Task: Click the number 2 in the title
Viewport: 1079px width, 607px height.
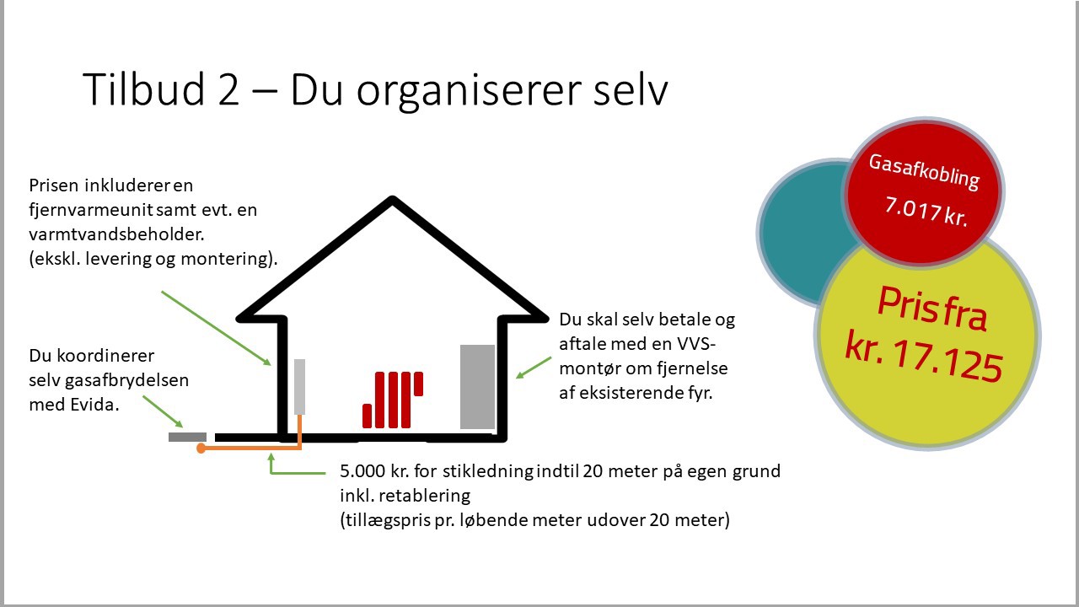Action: click(x=228, y=89)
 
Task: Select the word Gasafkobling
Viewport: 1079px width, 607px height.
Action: click(x=924, y=172)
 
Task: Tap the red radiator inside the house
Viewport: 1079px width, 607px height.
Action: click(x=393, y=400)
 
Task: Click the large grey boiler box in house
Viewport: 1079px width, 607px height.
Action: click(x=477, y=387)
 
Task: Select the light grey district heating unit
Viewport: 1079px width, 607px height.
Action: click(x=299, y=386)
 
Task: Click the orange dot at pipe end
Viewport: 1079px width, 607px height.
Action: click(x=201, y=449)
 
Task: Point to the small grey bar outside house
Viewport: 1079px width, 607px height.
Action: click(x=187, y=437)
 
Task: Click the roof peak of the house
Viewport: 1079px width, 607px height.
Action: click(x=393, y=199)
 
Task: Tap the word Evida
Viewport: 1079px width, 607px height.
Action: click(x=94, y=404)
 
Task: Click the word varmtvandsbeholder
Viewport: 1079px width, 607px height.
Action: click(x=116, y=234)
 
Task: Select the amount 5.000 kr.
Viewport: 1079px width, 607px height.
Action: click(x=374, y=470)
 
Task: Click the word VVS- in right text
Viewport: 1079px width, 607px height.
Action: click(x=696, y=344)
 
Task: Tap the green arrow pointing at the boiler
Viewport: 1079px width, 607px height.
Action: click(x=534, y=368)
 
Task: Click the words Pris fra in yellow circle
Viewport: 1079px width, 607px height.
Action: click(x=932, y=309)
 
